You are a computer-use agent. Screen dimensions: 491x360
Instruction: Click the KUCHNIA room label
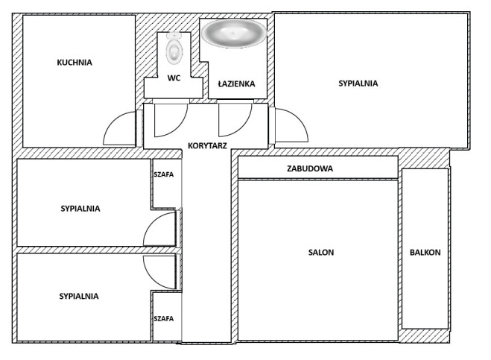click(75, 63)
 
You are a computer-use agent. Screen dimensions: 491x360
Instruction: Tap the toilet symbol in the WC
click(174, 48)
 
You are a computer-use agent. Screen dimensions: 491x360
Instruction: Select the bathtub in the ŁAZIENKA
click(234, 34)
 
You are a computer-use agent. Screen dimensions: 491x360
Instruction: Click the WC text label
click(174, 78)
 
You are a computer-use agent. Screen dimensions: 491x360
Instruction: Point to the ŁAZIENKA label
click(236, 83)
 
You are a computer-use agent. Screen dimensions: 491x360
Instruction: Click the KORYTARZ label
click(207, 145)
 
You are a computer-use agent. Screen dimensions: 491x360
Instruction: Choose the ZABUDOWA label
click(310, 168)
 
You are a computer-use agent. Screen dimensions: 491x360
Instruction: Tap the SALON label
click(321, 252)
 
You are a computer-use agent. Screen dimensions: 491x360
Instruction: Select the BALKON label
click(425, 252)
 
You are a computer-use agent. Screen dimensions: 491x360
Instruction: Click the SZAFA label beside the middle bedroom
click(163, 174)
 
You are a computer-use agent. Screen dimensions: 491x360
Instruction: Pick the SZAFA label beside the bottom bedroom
click(163, 319)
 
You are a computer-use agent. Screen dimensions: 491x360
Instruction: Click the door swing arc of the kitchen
click(113, 121)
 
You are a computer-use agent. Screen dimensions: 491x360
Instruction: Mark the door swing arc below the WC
click(179, 127)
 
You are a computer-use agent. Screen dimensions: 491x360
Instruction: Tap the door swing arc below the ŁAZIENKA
click(243, 127)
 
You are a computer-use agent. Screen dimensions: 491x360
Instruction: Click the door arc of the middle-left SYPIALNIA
click(151, 223)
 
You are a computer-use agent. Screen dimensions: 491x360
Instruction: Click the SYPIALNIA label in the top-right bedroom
click(358, 83)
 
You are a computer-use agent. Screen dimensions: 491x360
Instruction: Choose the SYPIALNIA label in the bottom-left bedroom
click(79, 296)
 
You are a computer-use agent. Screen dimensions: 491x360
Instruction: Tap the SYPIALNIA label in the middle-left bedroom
click(80, 209)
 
